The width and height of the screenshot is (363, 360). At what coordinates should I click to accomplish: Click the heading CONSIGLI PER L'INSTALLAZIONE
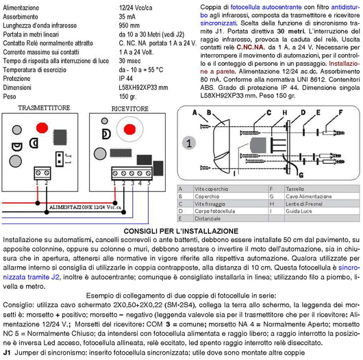pyautogui.click(x=181, y=231)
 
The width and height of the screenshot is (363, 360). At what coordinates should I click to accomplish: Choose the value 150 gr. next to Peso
pyautogui.click(x=129, y=97)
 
